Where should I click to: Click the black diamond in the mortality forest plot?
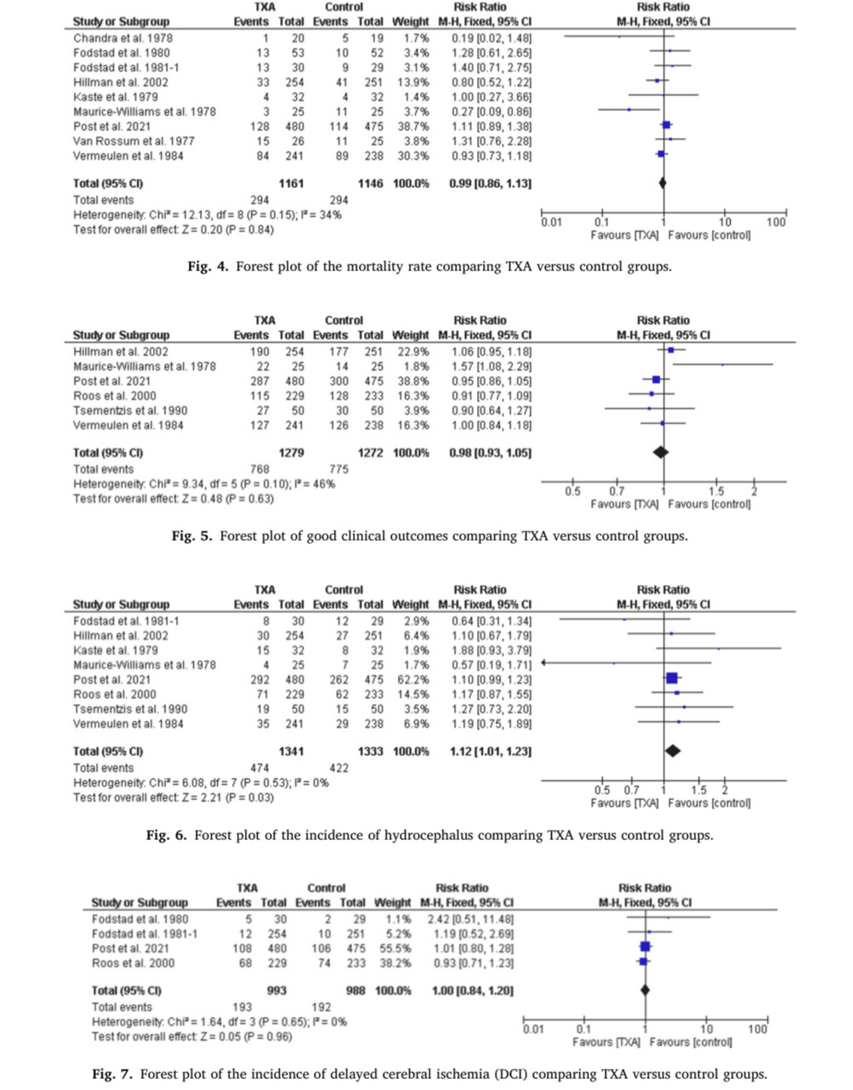tap(662, 183)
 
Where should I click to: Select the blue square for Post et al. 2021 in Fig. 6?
tap(671, 678)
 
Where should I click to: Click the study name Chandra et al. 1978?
tap(123, 38)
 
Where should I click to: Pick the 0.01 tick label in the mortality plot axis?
tap(551, 222)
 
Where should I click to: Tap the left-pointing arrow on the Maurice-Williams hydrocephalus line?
tap(544, 663)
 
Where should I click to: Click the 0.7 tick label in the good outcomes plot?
tap(617, 491)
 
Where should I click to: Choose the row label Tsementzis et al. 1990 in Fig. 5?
tap(130, 411)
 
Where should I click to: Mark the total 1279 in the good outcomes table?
tap(291, 453)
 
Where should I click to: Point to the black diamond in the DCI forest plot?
tap(645, 991)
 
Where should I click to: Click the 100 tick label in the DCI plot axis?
tap(758, 1030)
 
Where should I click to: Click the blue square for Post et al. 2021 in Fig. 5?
tap(656, 380)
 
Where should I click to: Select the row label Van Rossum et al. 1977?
tap(134, 141)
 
